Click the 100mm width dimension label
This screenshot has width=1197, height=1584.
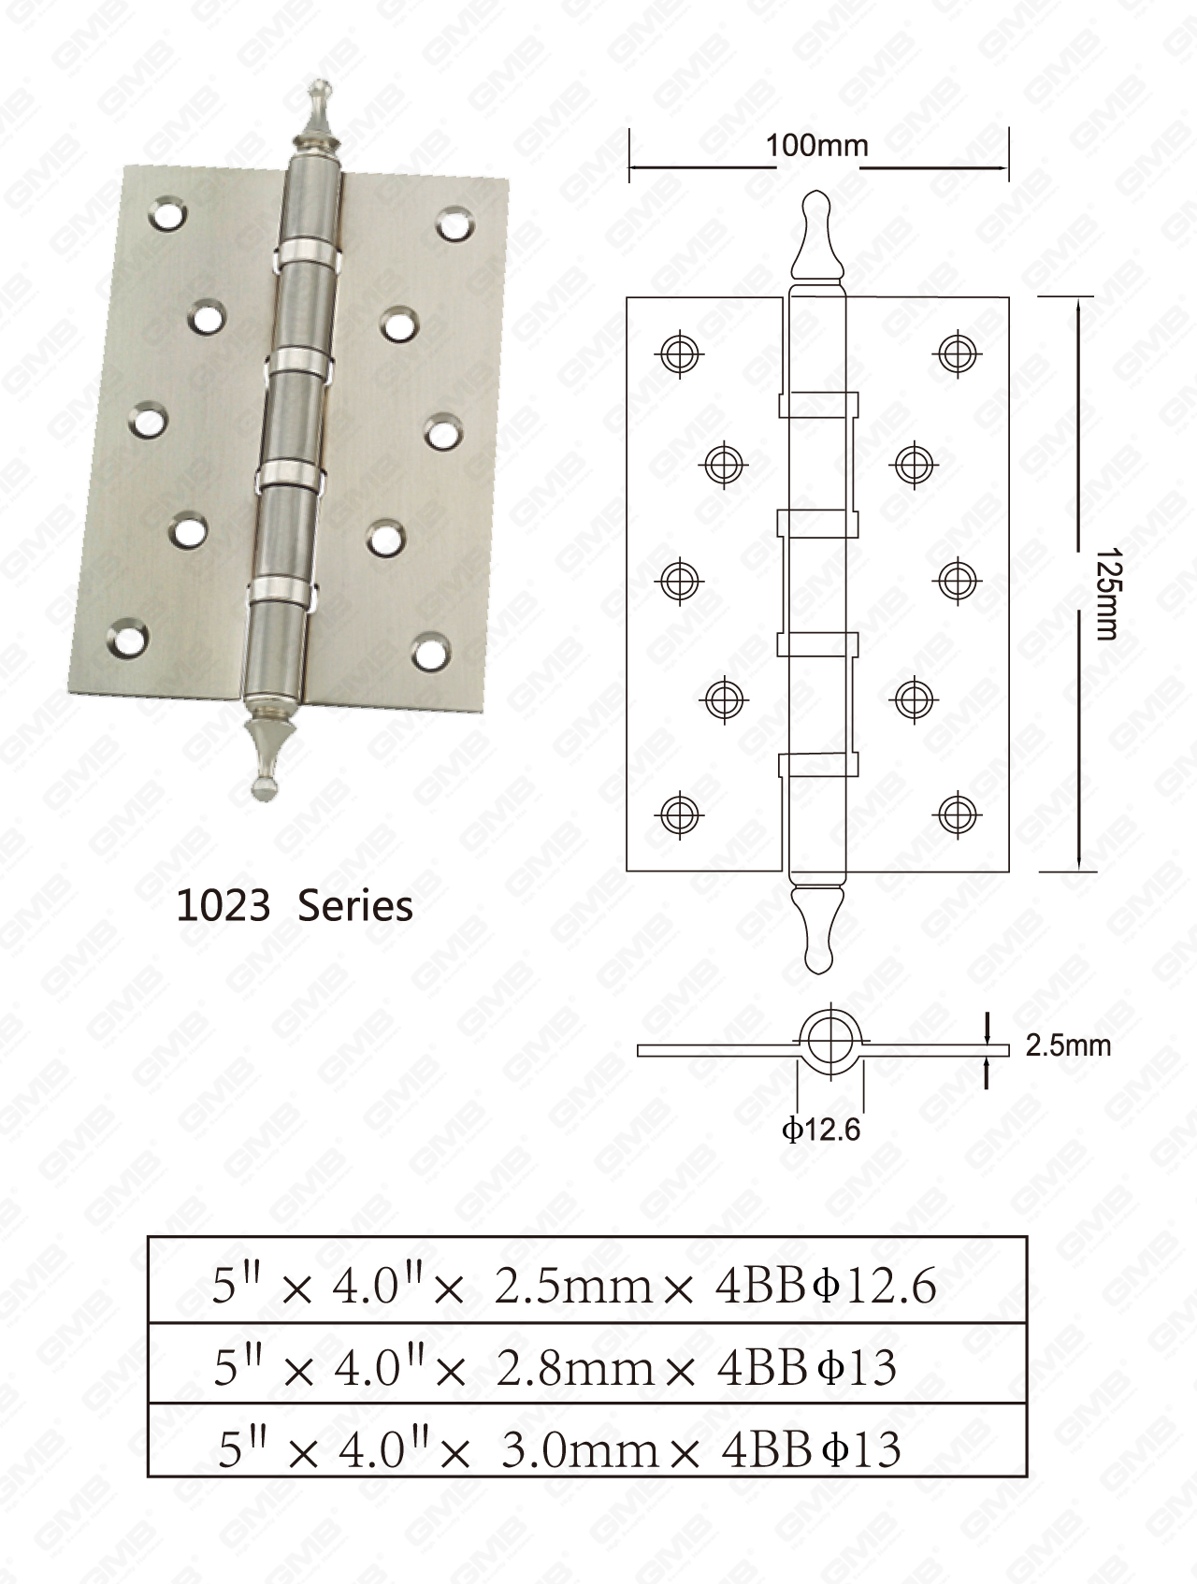pyautogui.click(x=816, y=146)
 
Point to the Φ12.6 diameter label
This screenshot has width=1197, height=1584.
pyautogui.click(x=821, y=1130)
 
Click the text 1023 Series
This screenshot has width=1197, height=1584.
pyautogui.click(x=295, y=906)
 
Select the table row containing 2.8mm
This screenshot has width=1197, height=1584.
pyautogui.click(x=587, y=1368)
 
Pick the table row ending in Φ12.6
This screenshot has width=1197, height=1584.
pyautogui.click(x=587, y=1287)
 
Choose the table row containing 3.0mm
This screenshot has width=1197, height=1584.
pyautogui.click(x=587, y=1449)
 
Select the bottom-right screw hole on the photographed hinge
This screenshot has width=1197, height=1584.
pyautogui.click(x=429, y=652)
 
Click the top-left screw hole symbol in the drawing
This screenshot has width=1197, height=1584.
pyautogui.click(x=681, y=353)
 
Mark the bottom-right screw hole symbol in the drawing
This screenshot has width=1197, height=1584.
pyautogui.click(x=957, y=814)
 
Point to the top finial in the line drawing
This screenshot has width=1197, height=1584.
pyautogui.click(x=816, y=234)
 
